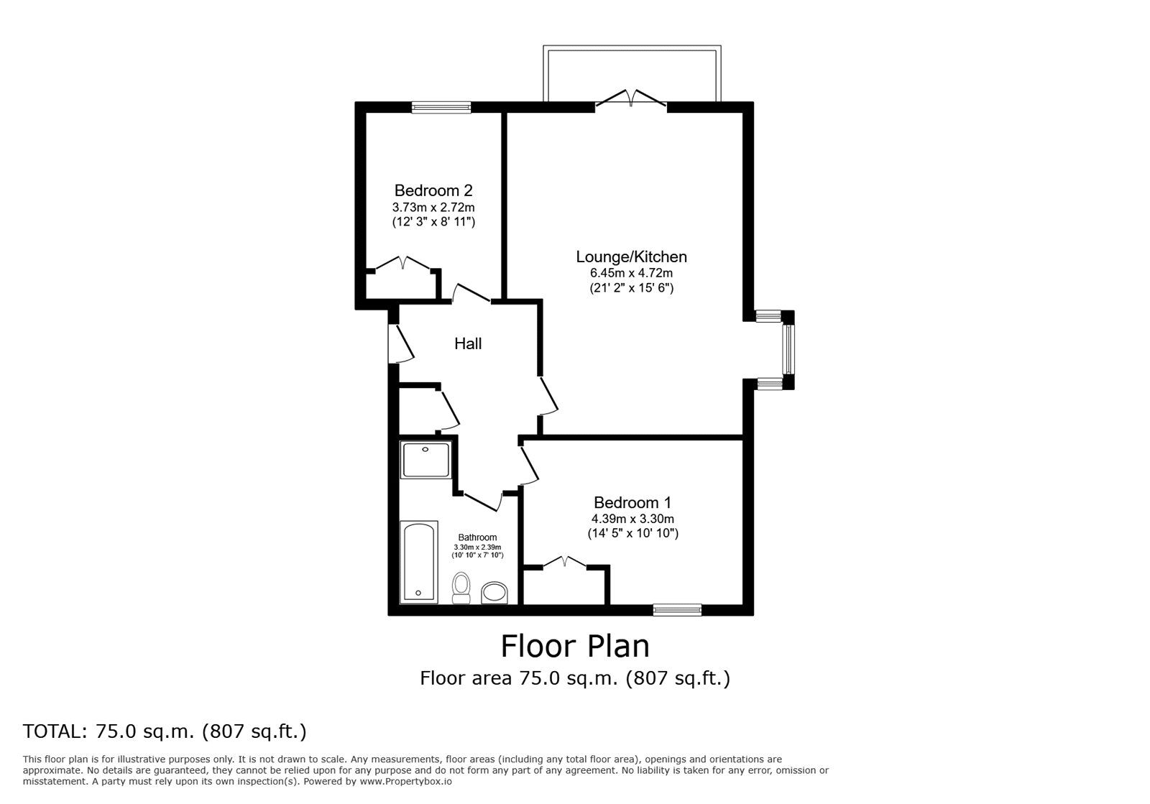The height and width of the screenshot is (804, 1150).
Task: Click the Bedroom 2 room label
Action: (x=433, y=190)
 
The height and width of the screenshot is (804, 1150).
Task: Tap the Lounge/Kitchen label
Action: (x=631, y=257)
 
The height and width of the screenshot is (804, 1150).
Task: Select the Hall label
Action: (x=468, y=343)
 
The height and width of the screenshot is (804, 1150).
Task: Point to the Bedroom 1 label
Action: (x=632, y=502)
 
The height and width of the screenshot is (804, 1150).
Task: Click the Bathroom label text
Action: (x=477, y=537)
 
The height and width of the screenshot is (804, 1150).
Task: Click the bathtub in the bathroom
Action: (x=419, y=562)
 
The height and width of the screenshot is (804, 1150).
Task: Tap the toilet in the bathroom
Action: (x=461, y=588)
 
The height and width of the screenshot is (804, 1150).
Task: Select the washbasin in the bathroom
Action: (x=495, y=593)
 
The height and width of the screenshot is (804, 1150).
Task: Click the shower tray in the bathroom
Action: (x=425, y=460)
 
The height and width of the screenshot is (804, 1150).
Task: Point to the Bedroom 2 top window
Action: (x=441, y=107)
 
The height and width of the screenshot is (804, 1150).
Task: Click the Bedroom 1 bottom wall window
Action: (x=677, y=609)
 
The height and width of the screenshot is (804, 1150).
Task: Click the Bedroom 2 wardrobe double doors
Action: (x=403, y=263)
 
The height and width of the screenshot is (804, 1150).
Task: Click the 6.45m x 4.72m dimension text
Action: (x=632, y=272)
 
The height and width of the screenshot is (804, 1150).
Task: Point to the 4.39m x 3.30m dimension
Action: (x=632, y=519)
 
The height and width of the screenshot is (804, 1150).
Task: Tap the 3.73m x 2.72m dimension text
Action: (x=433, y=207)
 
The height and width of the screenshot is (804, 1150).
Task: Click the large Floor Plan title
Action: (x=575, y=645)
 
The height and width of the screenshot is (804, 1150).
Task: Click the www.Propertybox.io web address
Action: (x=405, y=782)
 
